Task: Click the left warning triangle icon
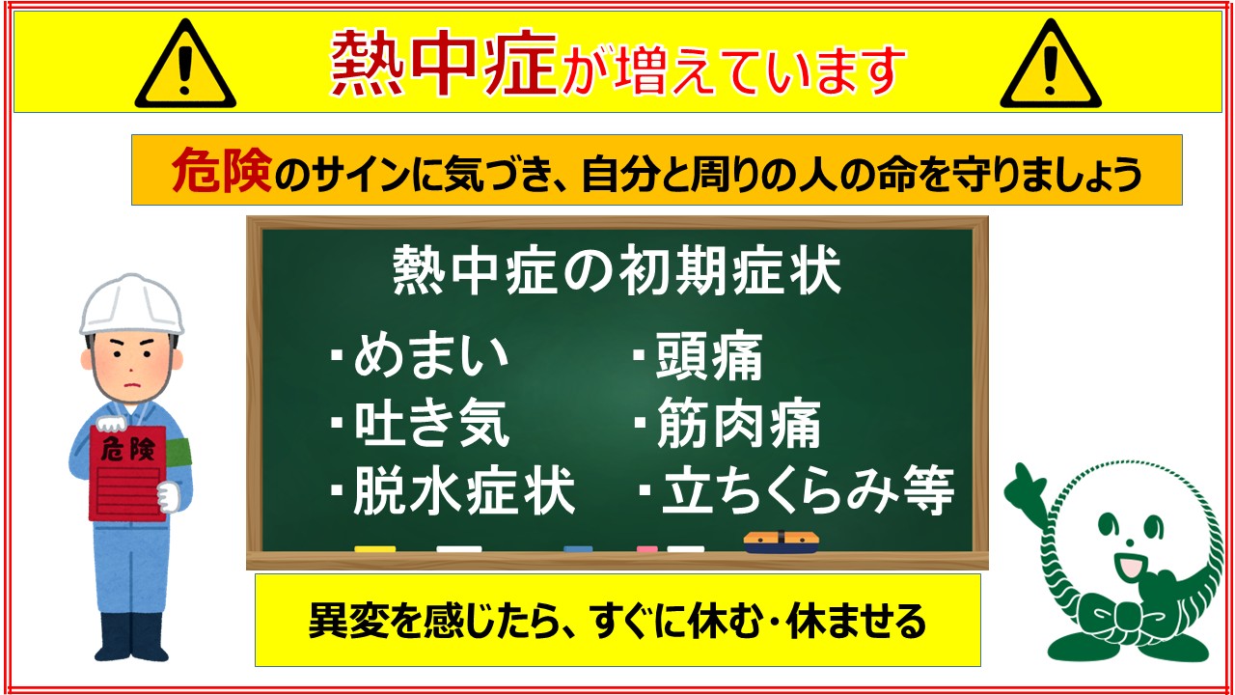[185, 64]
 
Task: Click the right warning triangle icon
[1051, 64]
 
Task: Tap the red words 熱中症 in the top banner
[443, 64]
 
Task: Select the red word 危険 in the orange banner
[222, 171]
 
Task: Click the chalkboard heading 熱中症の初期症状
[617, 270]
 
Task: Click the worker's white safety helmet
[131, 305]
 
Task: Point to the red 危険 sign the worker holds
[127, 473]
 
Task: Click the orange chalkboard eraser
[781, 542]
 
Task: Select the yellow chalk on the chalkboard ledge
[375, 549]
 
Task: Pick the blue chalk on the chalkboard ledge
[578, 549]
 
